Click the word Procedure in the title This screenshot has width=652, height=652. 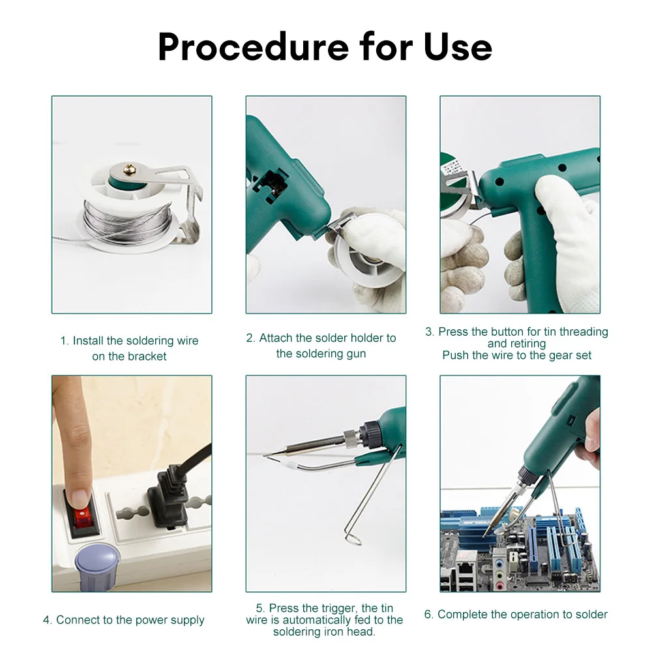click(x=253, y=46)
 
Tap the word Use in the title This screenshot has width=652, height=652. click(x=458, y=46)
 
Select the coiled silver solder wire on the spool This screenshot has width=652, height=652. click(x=127, y=223)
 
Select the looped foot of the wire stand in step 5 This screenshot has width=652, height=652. click(x=353, y=538)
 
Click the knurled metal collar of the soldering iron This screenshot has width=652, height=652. click(x=351, y=438)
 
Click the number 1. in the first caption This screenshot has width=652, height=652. click(x=65, y=341)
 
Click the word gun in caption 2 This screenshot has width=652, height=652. click(x=355, y=354)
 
